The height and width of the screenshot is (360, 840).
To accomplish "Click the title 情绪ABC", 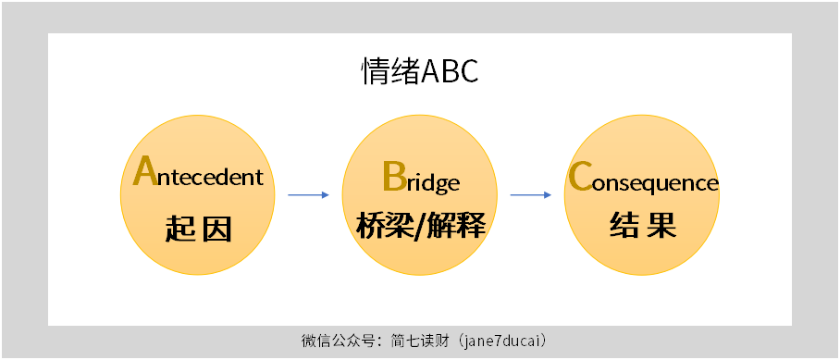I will tap(419, 71).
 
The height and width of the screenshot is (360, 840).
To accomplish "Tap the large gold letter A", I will tap(144, 171).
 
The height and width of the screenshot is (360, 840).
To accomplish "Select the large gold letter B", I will tap(394, 176).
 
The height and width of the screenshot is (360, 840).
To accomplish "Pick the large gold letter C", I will tap(580, 176).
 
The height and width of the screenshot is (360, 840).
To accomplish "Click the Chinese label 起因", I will tap(197, 227).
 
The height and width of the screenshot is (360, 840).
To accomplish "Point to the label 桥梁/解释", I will tap(420, 225).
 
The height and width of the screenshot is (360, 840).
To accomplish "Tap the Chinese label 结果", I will tap(642, 225).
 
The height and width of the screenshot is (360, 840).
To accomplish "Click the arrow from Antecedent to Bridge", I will tap(308, 194).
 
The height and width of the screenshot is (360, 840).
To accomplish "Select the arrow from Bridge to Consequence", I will tap(531, 194).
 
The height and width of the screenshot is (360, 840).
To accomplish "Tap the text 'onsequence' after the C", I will tap(656, 182).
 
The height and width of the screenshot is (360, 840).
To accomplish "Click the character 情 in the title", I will tap(374, 71).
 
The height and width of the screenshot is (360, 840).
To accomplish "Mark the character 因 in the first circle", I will tap(216, 227).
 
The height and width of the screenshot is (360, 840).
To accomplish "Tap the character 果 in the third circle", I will tap(661, 225).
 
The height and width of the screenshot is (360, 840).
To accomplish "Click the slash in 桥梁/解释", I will tap(421, 226).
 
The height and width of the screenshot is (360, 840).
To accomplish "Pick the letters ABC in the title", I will tap(450, 71).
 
